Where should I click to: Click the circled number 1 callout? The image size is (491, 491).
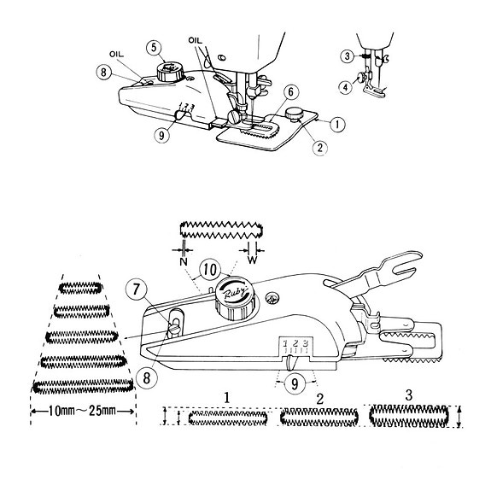click(337, 125)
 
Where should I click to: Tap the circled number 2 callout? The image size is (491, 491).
click(319, 147)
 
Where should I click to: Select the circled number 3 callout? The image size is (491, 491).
click(348, 56)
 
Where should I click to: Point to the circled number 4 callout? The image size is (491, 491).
click(346, 87)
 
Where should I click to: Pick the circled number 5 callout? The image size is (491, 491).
click(154, 48)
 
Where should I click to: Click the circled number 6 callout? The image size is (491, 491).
click(290, 92)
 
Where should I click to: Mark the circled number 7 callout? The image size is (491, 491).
click(136, 289)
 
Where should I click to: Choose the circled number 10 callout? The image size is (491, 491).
click(210, 269)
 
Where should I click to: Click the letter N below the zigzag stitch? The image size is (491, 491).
click(184, 261)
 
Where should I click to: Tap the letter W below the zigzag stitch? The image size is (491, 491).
click(252, 260)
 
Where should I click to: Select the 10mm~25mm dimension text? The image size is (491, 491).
click(83, 411)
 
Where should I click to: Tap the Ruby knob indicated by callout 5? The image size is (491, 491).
click(170, 72)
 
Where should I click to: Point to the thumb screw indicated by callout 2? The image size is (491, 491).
click(293, 114)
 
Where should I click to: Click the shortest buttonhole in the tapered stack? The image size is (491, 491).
click(80, 288)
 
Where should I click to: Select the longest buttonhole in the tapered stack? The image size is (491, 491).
click(83, 386)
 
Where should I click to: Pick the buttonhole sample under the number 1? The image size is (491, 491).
click(228, 418)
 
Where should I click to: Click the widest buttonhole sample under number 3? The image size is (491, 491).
click(409, 416)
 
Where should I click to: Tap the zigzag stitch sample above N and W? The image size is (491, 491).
click(221, 231)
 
